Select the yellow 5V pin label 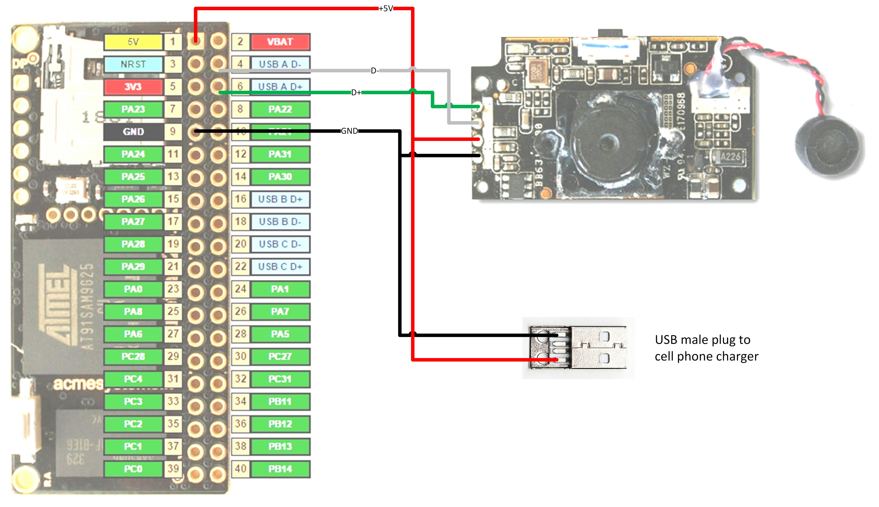(133, 42)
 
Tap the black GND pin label (133, 132)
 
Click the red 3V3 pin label (133, 87)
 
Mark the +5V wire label (386, 8)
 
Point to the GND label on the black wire (349, 131)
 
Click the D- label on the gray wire (375, 71)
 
